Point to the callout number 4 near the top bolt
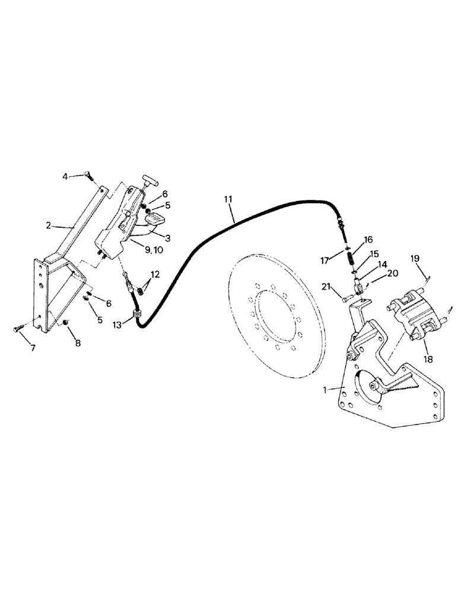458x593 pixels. (67, 176)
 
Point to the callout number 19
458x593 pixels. (415, 259)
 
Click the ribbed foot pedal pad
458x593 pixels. (157, 224)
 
